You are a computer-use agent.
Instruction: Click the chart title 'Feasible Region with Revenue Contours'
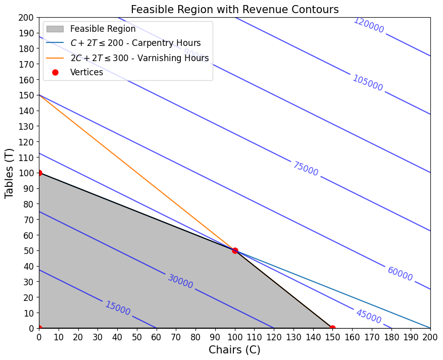pos(234,10)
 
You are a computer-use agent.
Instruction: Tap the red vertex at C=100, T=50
pos(235,250)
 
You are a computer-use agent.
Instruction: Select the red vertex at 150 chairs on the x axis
pos(332,328)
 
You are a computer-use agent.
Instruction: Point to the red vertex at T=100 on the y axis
pos(39,173)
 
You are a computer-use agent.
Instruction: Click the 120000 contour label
pos(369,25)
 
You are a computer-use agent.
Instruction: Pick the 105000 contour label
pos(367,83)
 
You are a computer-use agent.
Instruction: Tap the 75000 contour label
pos(306,169)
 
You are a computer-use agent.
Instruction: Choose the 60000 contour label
pos(400,274)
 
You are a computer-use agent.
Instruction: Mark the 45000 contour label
pos(369,316)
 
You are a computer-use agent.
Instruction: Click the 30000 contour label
pos(180,281)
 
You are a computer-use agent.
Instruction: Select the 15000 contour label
pos(118,308)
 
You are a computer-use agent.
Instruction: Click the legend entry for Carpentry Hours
pos(135,43)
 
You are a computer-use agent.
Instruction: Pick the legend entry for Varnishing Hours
pos(139,58)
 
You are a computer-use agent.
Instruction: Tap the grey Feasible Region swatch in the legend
pos(55,29)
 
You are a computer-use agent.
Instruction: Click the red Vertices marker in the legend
pos(55,72)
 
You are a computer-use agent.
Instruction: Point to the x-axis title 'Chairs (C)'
pos(234,350)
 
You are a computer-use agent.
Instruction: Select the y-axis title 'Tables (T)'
pos(9,173)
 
